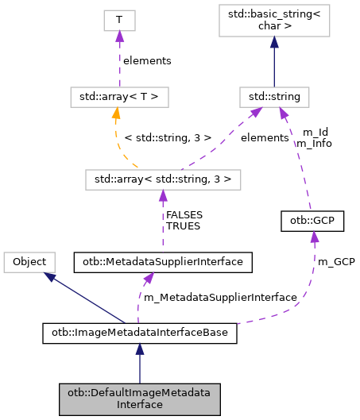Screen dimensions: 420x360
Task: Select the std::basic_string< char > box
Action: [x=273, y=24]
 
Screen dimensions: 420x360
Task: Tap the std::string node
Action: [x=273, y=98]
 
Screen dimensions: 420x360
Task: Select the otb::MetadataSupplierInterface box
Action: [x=163, y=260]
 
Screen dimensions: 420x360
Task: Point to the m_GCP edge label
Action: [x=335, y=261]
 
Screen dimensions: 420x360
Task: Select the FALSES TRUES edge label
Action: [x=183, y=220]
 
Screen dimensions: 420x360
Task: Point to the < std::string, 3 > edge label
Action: [x=168, y=138]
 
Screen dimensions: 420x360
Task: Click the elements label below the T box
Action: [x=147, y=60]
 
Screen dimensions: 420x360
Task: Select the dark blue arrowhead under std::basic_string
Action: [x=273, y=45]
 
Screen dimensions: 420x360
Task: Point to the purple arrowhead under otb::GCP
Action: [x=315, y=237]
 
